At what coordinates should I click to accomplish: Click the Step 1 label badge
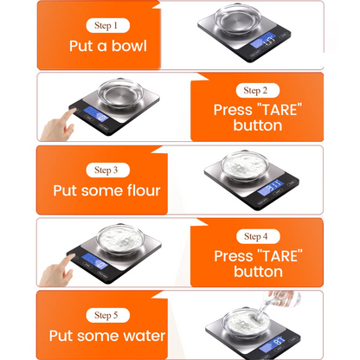107,25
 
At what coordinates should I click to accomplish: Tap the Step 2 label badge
258,90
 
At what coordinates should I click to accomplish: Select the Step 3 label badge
107,170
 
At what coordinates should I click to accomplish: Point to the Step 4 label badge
258,236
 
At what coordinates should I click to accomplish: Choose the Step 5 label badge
107,315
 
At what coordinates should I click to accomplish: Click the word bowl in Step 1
129,46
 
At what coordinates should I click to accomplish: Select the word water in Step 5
144,336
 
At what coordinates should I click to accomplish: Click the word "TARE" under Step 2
279,110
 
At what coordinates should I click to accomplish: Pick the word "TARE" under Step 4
280,255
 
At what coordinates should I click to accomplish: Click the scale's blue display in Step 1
262,41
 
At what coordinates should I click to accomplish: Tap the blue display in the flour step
270,187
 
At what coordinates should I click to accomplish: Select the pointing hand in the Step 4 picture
56,270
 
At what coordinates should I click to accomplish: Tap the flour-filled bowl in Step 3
245,166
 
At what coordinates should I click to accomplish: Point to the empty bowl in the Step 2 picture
120,93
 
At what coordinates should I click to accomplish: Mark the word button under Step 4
258,272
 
